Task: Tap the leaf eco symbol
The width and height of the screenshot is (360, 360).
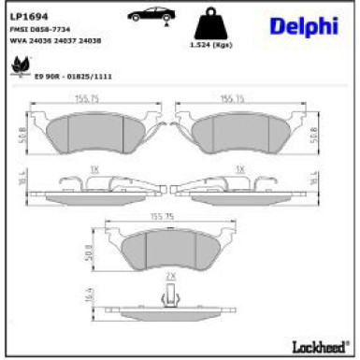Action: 20,67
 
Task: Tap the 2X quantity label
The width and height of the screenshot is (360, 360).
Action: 171,278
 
